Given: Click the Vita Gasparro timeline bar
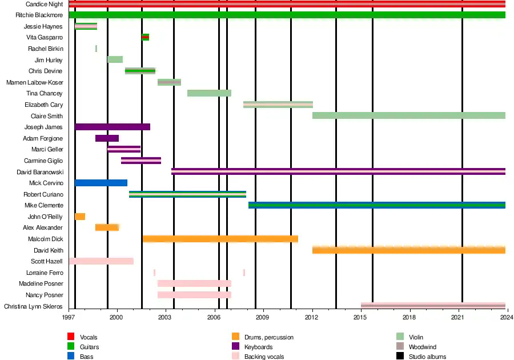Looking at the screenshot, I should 145,37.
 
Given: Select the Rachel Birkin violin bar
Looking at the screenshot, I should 96,49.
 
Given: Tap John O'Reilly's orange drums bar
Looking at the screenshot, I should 80,217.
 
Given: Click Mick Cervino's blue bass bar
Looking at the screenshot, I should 101,183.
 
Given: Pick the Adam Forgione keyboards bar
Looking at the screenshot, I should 107,138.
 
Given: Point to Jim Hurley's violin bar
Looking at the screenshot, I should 115,59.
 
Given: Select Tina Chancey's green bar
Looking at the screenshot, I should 209,93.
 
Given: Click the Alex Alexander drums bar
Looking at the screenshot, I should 107,227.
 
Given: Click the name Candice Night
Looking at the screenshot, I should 44,4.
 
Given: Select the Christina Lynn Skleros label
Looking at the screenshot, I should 33,306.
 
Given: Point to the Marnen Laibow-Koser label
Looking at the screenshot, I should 34,82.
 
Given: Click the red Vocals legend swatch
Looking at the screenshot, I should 71,337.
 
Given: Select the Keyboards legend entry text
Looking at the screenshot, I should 258,347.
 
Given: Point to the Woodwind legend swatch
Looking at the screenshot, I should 400,347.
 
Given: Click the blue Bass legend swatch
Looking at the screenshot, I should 71,357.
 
